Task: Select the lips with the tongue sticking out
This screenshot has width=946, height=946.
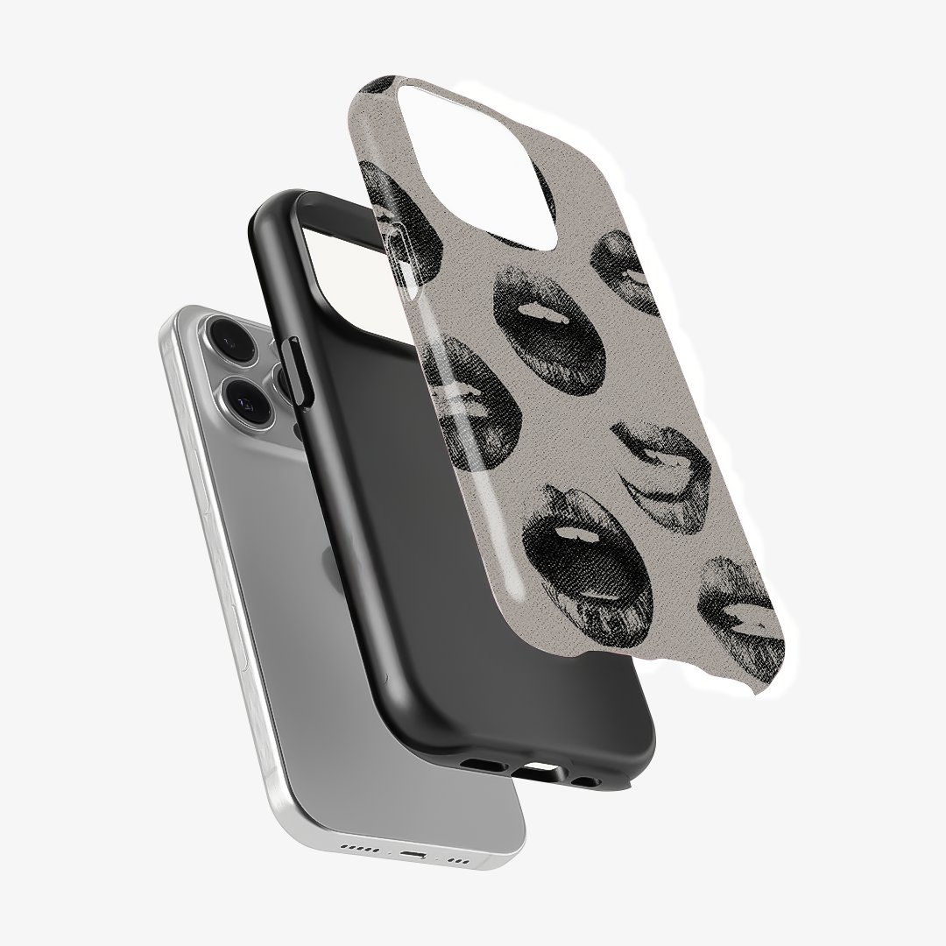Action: pyautogui.click(x=657, y=477)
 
